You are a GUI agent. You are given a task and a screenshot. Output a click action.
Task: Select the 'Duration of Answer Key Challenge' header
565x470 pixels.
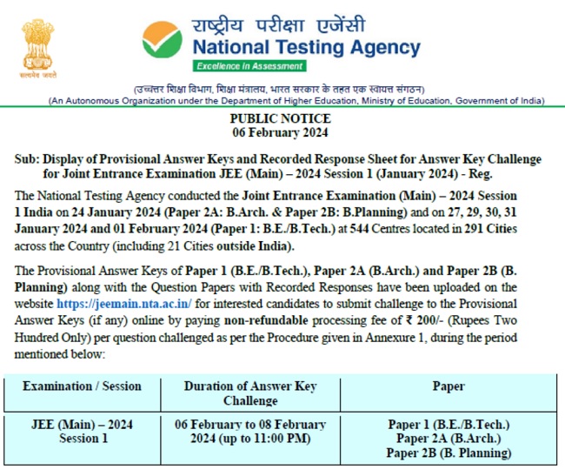tap(250, 393)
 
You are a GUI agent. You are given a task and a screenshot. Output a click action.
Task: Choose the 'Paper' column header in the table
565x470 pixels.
tap(449, 386)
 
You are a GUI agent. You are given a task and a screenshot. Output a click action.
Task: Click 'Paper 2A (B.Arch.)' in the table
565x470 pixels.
tap(449, 438)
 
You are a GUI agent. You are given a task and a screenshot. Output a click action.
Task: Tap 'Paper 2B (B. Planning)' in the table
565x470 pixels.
tap(449, 453)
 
